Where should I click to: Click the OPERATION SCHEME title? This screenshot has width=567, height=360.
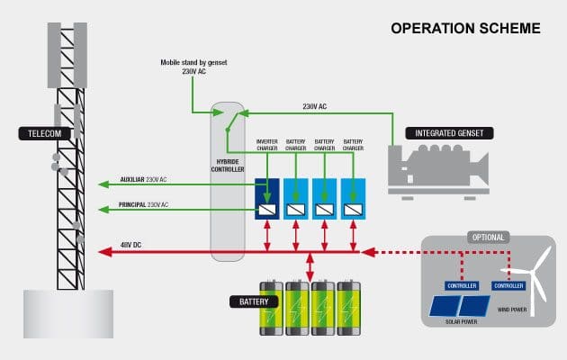tap(465, 28)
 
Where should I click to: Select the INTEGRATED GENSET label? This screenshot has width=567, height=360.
tap(449, 133)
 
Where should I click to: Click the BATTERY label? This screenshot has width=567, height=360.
tap(253, 301)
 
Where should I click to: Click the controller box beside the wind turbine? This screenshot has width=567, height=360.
tap(508, 285)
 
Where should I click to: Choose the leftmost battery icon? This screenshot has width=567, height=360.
tap(271, 309)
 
